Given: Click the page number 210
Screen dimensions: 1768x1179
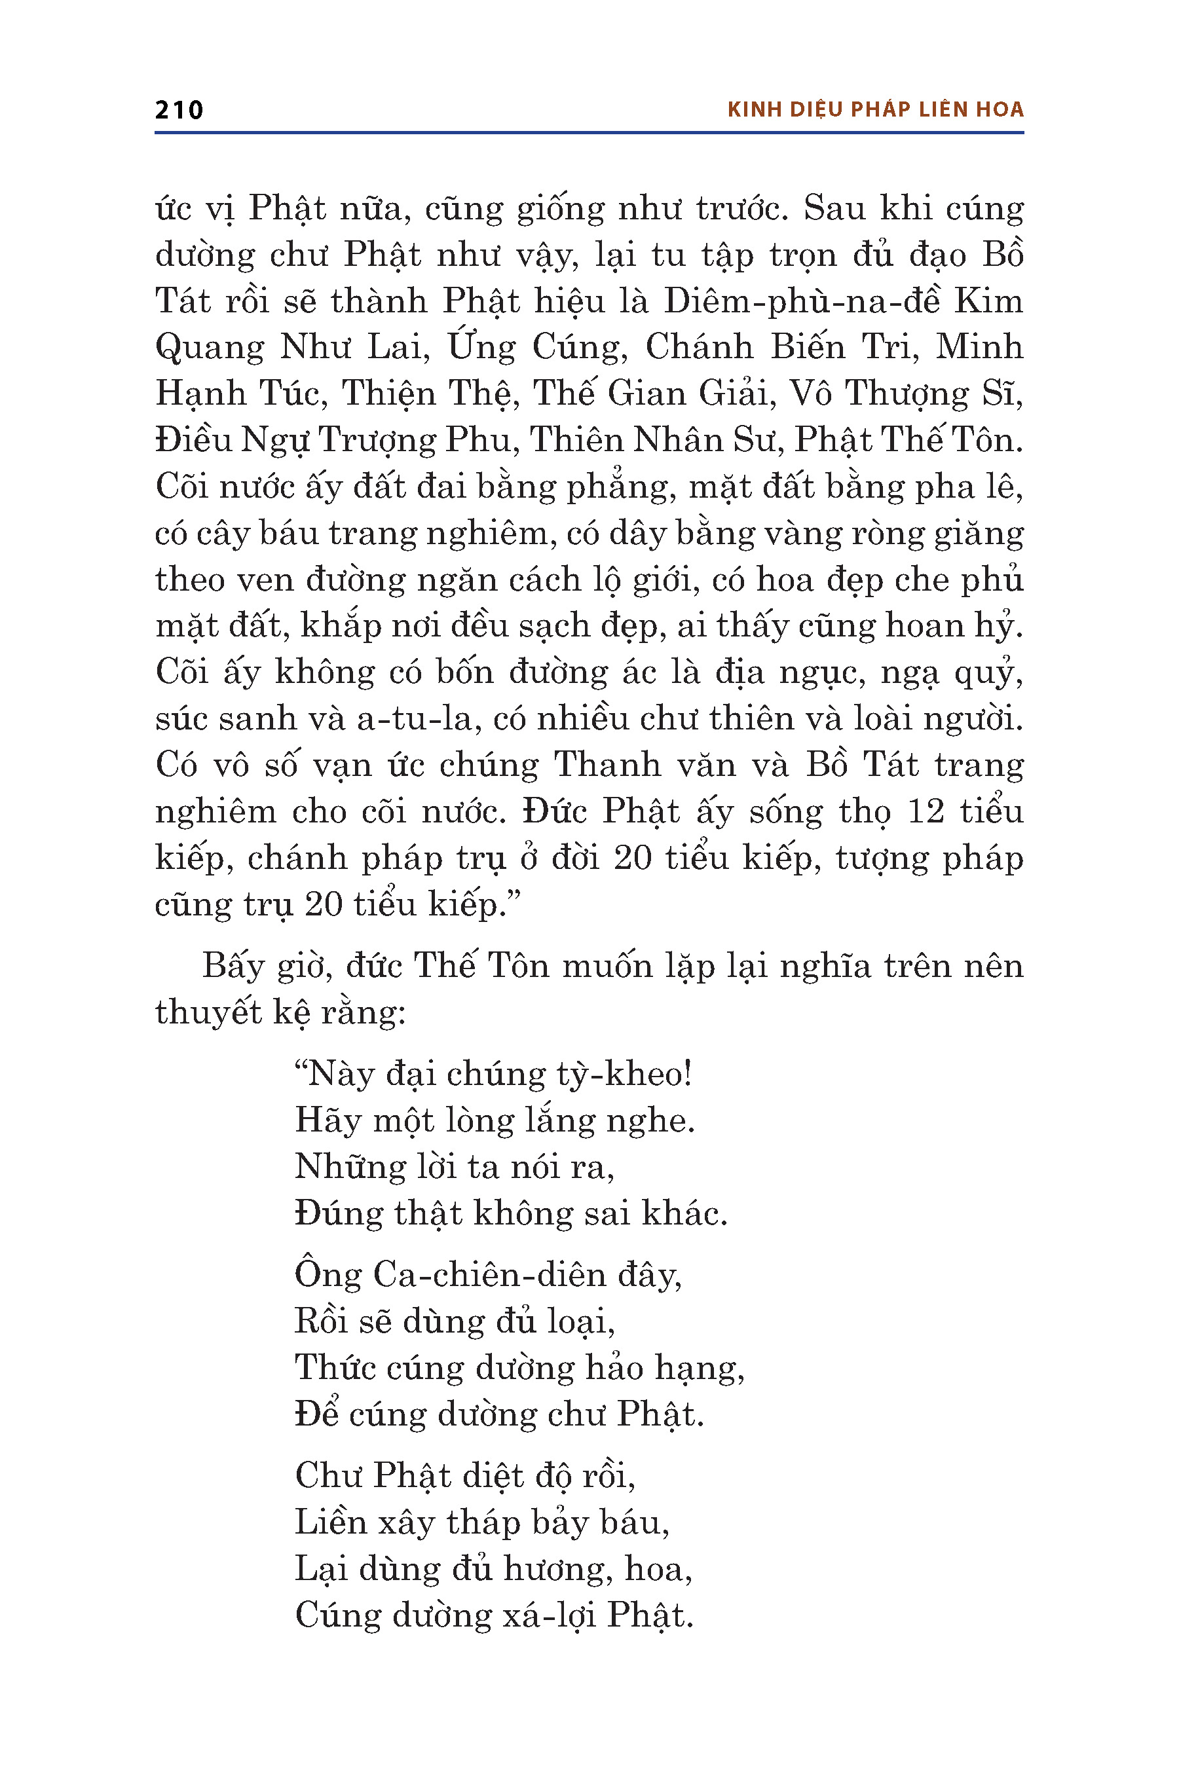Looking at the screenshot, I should point(179,111).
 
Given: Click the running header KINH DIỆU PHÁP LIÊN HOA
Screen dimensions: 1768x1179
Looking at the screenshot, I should point(875,110).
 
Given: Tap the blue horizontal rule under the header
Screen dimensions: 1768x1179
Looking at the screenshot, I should point(589,133).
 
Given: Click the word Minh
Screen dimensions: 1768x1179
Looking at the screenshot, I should point(979,347).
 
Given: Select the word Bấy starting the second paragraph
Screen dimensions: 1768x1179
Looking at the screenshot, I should point(233,967).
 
